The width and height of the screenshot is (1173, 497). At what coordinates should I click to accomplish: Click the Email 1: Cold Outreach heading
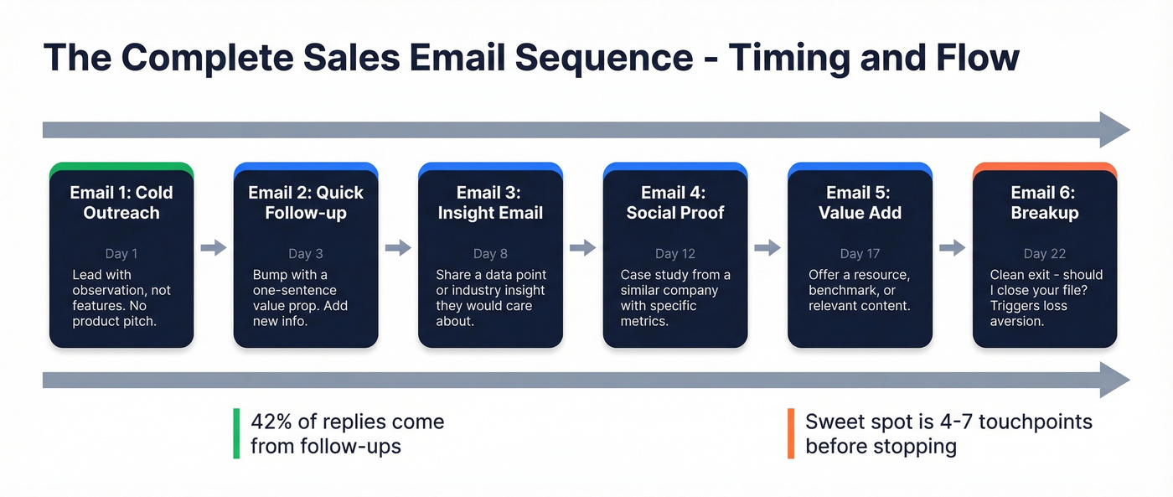pyautogui.click(x=121, y=202)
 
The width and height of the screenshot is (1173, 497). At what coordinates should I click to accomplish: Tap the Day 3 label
pyautogui.click(x=306, y=253)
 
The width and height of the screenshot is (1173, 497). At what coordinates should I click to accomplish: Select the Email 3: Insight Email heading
pyautogui.click(x=490, y=202)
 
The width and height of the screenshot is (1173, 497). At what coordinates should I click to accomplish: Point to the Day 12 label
pyautogui.click(x=675, y=253)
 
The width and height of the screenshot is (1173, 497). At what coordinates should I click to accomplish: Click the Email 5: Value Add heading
pyautogui.click(x=860, y=202)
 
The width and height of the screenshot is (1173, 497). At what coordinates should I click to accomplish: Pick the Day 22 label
pyautogui.click(x=1044, y=253)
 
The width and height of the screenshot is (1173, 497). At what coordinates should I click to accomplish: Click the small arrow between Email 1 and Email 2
pyautogui.click(x=214, y=247)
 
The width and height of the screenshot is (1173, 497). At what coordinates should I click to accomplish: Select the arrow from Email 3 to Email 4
pyautogui.click(x=583, y=247)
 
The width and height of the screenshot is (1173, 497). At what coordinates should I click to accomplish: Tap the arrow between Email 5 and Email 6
pyautogui.click(x=953, y=247)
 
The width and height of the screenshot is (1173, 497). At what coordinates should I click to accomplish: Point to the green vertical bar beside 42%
pyautogui.click(x=235, y=433)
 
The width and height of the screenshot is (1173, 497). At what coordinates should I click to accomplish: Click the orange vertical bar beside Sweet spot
pyautogui.click(x=790, y=433)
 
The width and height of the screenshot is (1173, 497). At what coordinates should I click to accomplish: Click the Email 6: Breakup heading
pyautogui.click(x=1044, y=202)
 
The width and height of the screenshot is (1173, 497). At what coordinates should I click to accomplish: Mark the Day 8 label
pyautogui.click(x=490, y=253)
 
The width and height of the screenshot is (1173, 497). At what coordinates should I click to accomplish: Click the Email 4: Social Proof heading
pyautogui.click(x=675, y=202)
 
